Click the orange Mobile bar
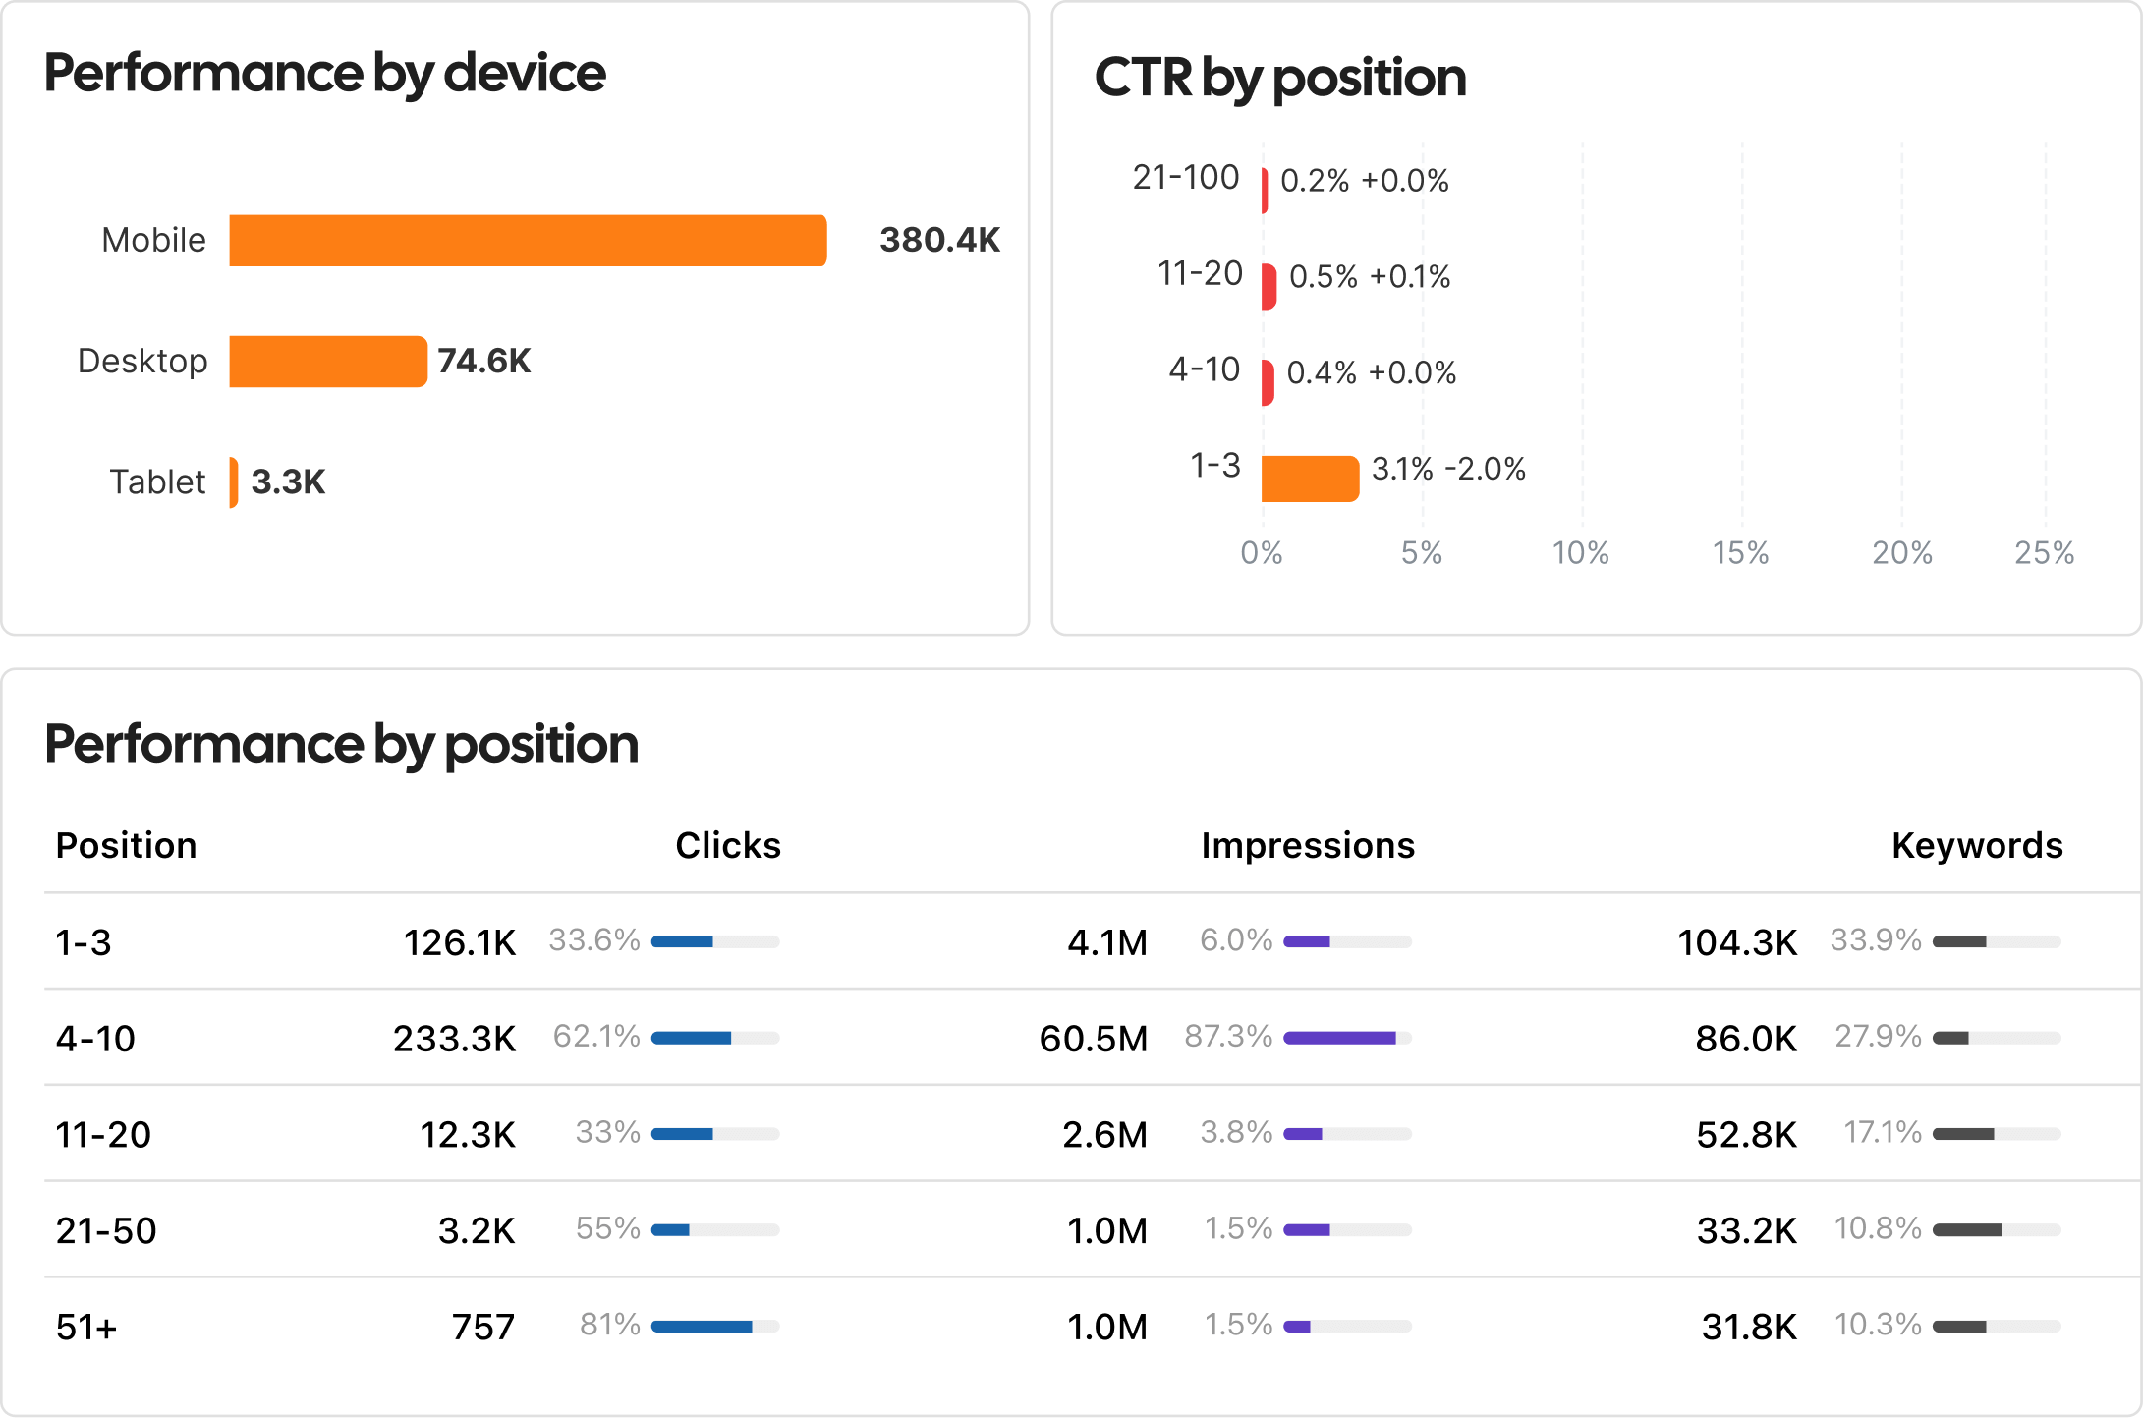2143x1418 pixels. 528,241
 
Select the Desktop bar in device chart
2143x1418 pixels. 328,362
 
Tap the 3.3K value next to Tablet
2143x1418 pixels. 288,482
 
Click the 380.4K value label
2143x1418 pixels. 939,240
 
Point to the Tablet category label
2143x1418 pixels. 157,482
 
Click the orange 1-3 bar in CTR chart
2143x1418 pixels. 1310,479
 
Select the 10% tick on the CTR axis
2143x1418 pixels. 1580,553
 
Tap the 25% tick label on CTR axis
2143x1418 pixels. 2044,553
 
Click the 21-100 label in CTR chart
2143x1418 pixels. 1186,178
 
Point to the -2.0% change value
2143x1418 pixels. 1485,470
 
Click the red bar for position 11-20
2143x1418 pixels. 1269,287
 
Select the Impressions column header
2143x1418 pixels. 1308,846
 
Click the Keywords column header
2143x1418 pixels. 1977,846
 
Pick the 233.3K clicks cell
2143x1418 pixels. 454,1039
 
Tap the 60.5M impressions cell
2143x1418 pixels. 1093,1039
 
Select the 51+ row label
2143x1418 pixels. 86,1328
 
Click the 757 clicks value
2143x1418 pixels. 482,1328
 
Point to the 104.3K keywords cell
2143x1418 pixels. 1736,943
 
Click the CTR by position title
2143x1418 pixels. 1279,78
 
